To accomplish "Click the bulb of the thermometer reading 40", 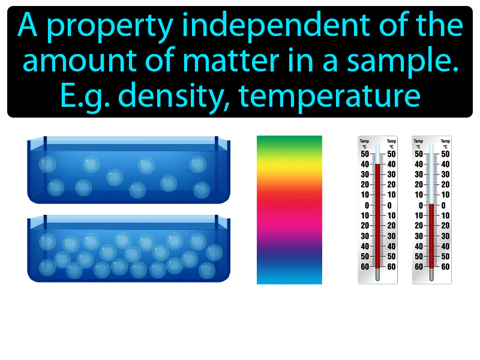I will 377,275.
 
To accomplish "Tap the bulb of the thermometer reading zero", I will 431,275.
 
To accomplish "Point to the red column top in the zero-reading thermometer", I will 431,205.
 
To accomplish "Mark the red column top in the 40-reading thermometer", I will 377,164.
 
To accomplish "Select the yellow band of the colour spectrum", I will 289,174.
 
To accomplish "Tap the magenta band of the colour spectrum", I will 289,228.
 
